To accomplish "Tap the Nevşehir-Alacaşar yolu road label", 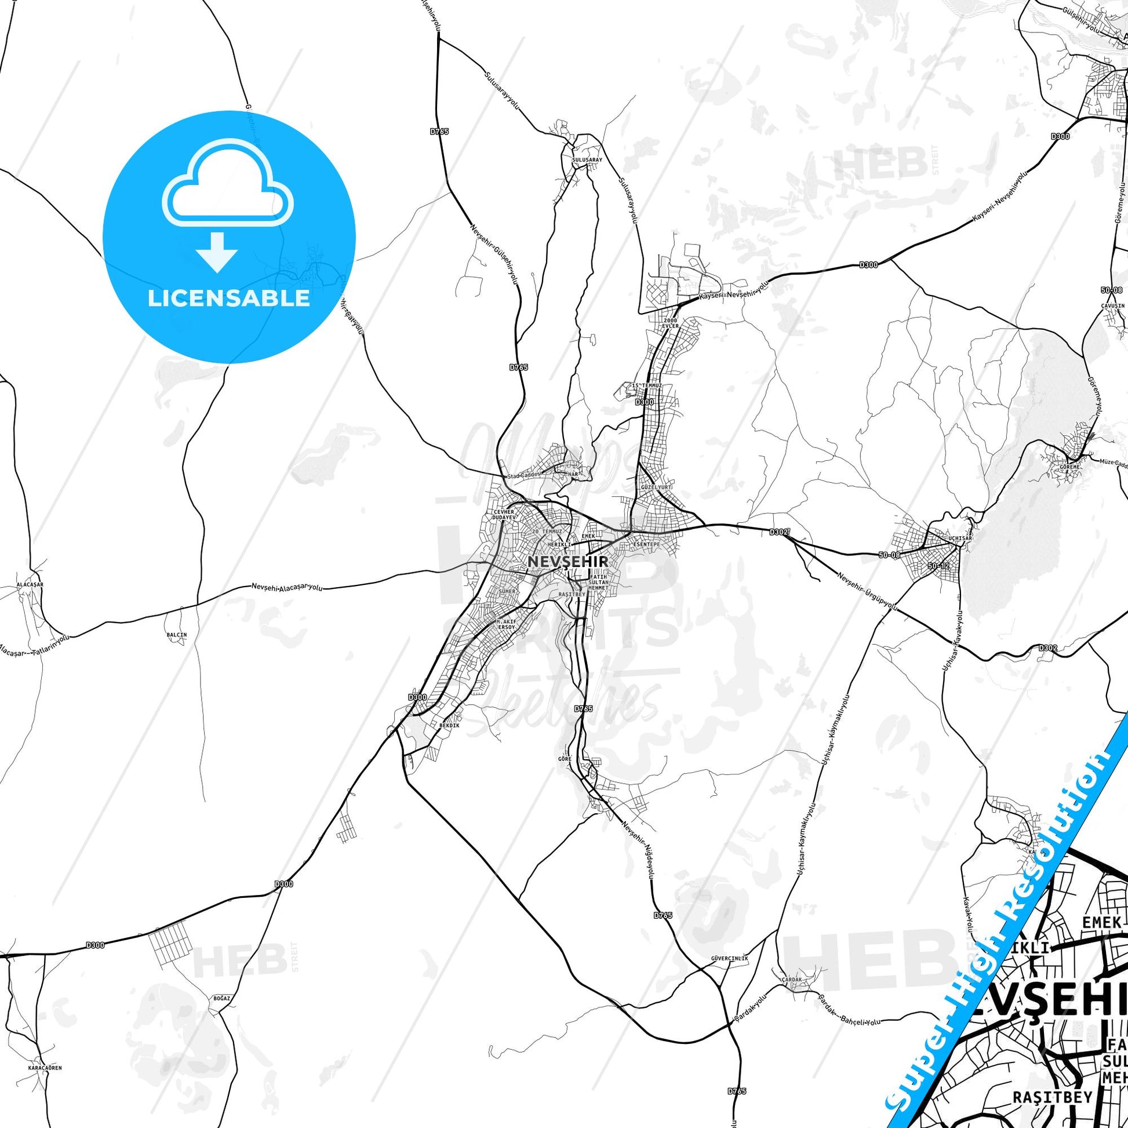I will [x=288, y=587].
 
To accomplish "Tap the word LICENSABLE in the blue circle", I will [x=229, y=299].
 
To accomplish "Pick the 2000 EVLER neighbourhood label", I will [x=670, y=323].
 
